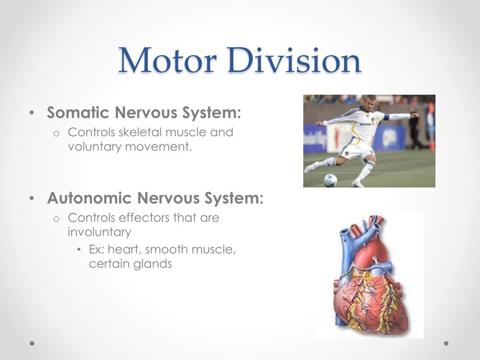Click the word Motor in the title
tap(167, 60)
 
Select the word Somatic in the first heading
tap(78, 112)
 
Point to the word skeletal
tap(140, 132)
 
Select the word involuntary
tap(99, 232)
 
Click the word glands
tap(152, 264)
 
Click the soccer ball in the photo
tap(330, 180)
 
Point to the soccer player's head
tap(367, 104)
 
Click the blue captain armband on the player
tap(387, 117)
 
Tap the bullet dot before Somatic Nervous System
tap(31, 113)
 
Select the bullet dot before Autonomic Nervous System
tap(31, 198)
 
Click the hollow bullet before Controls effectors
tap(56, 219)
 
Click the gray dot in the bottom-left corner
tap(32, 343)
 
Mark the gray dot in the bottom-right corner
tap(446, 343)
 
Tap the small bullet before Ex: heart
tap(79, 250)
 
